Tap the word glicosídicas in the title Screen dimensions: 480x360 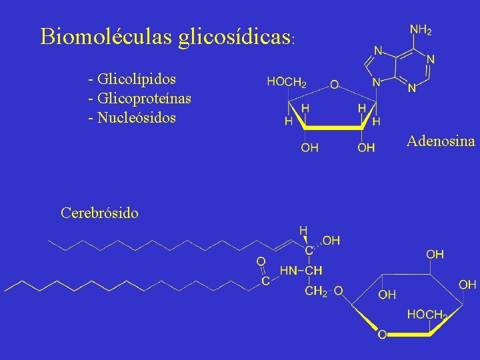[234, 37]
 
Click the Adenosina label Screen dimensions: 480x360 [441, 141]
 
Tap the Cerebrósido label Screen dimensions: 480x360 [99, 213]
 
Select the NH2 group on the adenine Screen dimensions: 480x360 [420, 30]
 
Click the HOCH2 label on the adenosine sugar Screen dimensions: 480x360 [287, 82]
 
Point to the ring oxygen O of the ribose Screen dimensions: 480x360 [334, 85]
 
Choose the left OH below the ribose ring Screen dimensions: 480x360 [309, 148]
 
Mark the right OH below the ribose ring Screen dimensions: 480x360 [366, 148]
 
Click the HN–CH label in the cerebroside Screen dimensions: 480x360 [301, 271]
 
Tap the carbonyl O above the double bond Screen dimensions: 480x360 [261, 261]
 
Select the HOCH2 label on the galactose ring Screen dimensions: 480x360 [427, 313]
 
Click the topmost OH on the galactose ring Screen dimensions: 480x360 [435, 254]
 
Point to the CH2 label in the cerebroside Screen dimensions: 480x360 [316, 291]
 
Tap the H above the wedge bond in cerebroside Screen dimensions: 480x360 [303, 229]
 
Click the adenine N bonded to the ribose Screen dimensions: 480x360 [377, 83]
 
